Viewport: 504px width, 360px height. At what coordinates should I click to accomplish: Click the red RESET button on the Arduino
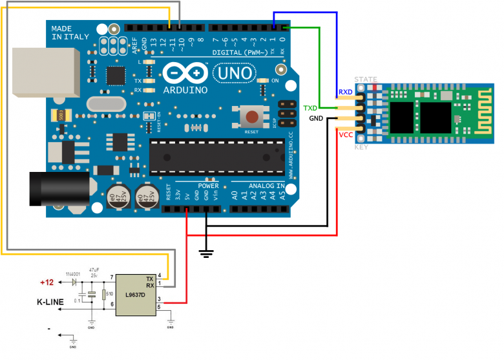tap(251, 117)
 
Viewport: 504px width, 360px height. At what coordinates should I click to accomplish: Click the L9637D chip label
tap(135, 295)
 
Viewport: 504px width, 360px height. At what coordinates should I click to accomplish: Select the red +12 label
tap(47, 282)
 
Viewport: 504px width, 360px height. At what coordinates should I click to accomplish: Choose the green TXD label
tap(311, 107)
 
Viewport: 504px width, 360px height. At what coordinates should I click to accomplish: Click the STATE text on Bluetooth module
tap(365, 79)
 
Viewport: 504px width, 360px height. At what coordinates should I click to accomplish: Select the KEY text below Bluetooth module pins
tap(362, 147)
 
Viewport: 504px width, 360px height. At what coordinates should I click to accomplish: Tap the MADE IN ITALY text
tap(70, 33)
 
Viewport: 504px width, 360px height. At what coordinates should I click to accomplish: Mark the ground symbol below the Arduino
tap(207, 253)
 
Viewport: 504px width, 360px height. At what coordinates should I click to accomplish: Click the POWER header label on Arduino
tap(209, 185)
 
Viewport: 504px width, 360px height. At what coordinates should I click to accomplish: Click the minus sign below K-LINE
tap(48, 328)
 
